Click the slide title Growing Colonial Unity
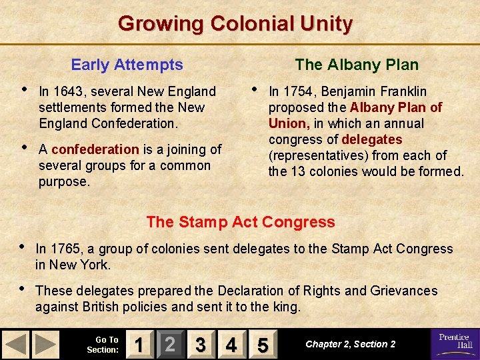235,24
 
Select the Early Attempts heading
127,65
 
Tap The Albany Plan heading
357,65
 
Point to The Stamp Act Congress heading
240,222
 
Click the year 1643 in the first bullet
69,91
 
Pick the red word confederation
95,149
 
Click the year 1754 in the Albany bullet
298,91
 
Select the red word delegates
371,139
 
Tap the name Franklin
403,91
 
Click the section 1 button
139,345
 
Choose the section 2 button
170,345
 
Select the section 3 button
201,345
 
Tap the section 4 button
231,345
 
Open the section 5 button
262,345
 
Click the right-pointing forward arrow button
46,345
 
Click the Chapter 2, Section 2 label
350,344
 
